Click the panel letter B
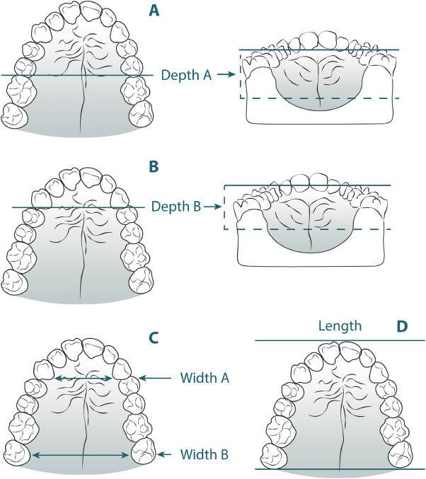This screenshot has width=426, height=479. (154, 169)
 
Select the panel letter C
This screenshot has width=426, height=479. (154, 336)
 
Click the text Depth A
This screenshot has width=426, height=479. (185, 74)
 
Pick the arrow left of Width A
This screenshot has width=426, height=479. (156, 379)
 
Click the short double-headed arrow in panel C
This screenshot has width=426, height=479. (84, 379)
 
